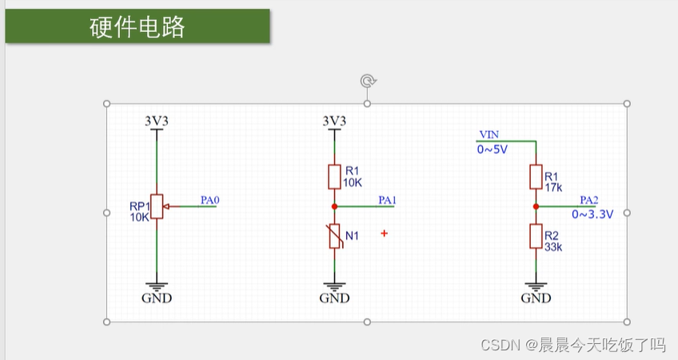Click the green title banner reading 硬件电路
(137, 26)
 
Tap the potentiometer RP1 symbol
(157, 206)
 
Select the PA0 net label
(209, 200)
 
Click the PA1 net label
(387, 200)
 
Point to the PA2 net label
(589, 200)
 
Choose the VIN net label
(488, 134)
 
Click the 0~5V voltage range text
(493, 149)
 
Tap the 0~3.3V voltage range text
(592, 214)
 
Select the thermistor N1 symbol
(334, 237)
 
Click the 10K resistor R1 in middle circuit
(334, 176)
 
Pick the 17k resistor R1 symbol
(535, 176)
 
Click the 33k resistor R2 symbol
(535, 237)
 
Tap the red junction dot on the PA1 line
(334, 206)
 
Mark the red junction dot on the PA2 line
(535, 206)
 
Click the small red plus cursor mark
(385, 234)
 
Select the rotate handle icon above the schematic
(367, 81)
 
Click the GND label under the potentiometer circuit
(156, 298)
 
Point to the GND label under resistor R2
(536, 298)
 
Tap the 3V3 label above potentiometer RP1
(157, 121)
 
